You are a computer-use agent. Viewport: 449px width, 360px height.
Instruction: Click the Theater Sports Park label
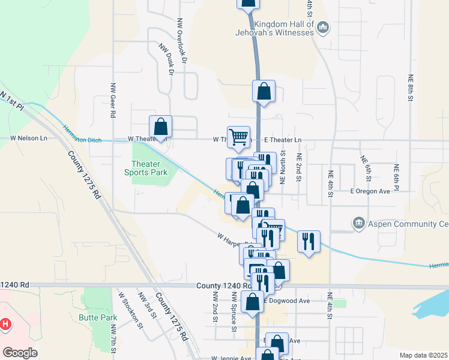pos(150,168)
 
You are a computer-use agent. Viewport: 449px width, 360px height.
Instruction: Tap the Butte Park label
pos(97,316)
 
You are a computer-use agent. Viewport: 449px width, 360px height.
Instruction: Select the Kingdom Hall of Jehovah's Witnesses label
pos(283,28)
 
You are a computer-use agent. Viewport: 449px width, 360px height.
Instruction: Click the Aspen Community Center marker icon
pos(359,224)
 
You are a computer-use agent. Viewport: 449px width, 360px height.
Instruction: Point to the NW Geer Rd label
pos(112,99)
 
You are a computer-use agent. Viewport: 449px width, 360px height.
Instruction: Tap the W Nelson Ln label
pos(28,138)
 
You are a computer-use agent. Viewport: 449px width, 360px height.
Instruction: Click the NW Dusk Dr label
pos(166,59)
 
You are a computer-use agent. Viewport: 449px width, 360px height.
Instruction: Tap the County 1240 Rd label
pos(219,287)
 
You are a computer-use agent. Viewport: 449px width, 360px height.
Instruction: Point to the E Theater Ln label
pos(282,140)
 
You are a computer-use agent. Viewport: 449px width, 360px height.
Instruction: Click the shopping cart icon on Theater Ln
pos(238,137)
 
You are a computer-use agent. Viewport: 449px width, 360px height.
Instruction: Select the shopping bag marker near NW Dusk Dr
pos(160,127)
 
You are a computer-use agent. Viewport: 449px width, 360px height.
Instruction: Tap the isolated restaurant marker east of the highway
pos(309,241)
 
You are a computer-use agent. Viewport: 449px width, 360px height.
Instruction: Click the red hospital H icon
pos(5,325)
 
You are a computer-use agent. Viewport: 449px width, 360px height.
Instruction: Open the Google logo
pos(20,353)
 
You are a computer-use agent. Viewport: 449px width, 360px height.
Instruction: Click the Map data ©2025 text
pos(423,355)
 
